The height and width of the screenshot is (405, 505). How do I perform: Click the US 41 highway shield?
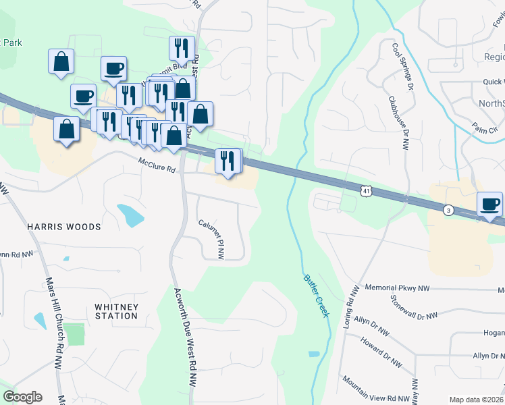pos(365,192)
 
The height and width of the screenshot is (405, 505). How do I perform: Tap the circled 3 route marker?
pos(448,211)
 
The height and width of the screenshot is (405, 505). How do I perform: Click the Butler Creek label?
pos(315,295)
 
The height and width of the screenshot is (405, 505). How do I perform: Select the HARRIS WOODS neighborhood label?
pos(64,227)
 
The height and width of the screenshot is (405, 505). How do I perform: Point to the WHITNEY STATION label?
pos(117,311)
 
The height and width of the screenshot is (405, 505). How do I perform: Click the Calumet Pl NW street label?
pos(211,238)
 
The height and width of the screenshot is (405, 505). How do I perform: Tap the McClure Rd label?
pos(157,165)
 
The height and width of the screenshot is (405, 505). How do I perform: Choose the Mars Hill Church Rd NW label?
pos(51,317)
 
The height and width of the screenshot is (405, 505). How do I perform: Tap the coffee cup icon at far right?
pos(489,202)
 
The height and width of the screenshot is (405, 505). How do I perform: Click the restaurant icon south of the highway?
pos(228,161)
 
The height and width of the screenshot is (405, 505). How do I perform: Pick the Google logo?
pos(22,397)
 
